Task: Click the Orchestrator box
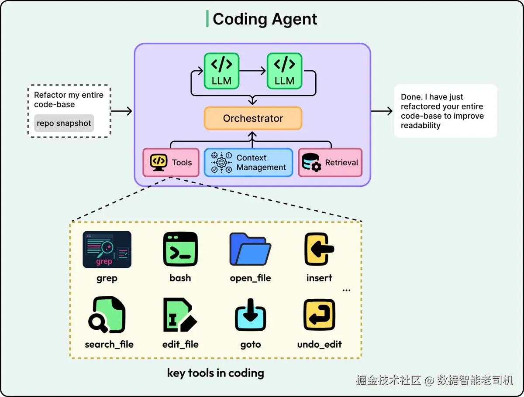click(253, 118)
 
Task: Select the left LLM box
click(221, 71)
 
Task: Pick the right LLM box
click(284, 71)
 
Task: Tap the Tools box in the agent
click(171, 162)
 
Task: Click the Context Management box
click(248, 162)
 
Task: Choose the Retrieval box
click(330, 162)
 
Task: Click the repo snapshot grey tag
click(64, 123)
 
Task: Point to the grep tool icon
click(107, 250)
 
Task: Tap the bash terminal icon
click(180, 249)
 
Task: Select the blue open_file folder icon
click(250, 249)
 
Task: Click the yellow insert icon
click(319, 249)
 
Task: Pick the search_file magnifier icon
click(107, 315)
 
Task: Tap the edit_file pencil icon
click(180, 315)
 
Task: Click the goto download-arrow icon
click(250, 315)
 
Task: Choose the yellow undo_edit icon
click(319, 315)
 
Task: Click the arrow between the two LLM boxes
click(252, 71)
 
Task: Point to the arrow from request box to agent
click(121, 111)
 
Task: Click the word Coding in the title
click(240, 20)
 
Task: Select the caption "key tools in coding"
click(216, 373)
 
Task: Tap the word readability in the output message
click(421, 125)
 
